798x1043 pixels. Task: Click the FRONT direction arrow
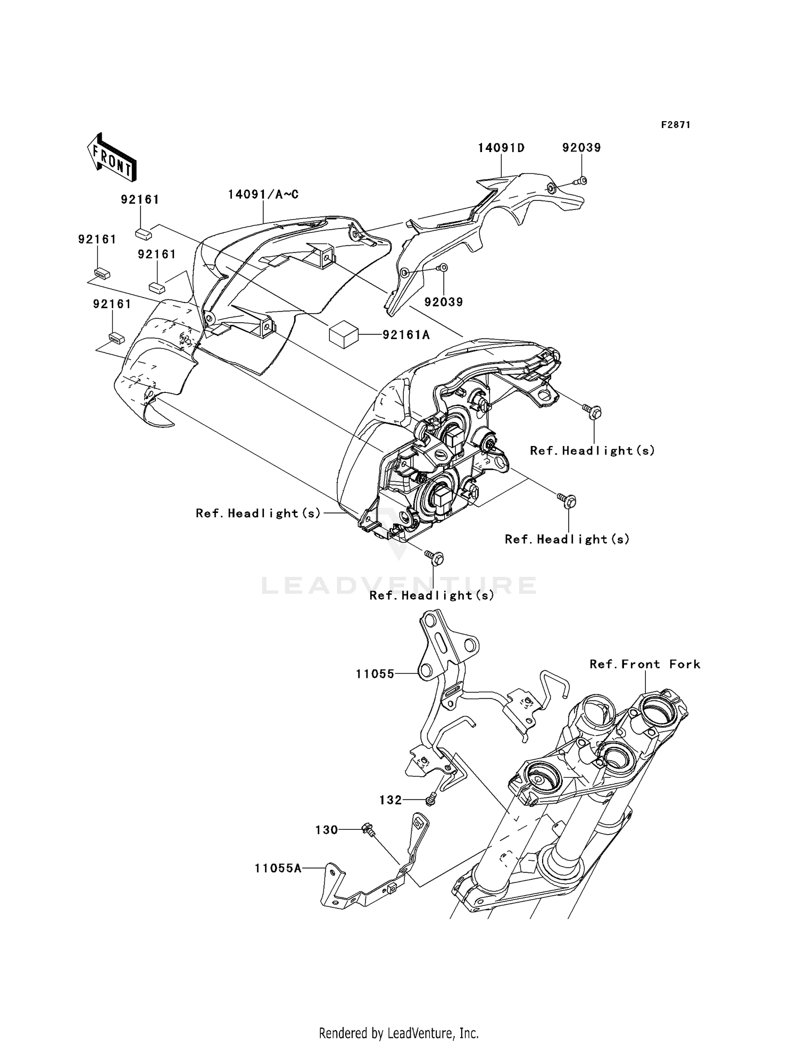click(x=112, y=158)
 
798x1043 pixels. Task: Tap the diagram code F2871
click(x=676, y=125)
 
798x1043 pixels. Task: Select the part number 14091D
click(x=501, y=148)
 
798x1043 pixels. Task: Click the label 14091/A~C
click(x=263, y=195)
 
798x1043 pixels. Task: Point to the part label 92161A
click(x=406, y=335)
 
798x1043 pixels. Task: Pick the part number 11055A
click(x=278, y=868)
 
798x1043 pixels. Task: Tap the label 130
click(x=327, y=830)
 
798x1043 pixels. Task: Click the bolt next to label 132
click(x=432, y=798)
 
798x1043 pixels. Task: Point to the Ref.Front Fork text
click(x=645, y=664)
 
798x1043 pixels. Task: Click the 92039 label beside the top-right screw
click(x=581, y=148)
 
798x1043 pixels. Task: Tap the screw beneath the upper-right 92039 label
click(x=580, y=181)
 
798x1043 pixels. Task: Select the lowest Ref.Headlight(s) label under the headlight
click(x=432, y=595)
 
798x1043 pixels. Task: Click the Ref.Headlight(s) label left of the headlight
click(x=259, y=513)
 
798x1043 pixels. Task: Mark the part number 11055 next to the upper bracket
click(x=375, y=674)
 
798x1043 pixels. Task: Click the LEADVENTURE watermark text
click(x=399, y=585)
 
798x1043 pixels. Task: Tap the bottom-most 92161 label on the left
click(x=112, y=304)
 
